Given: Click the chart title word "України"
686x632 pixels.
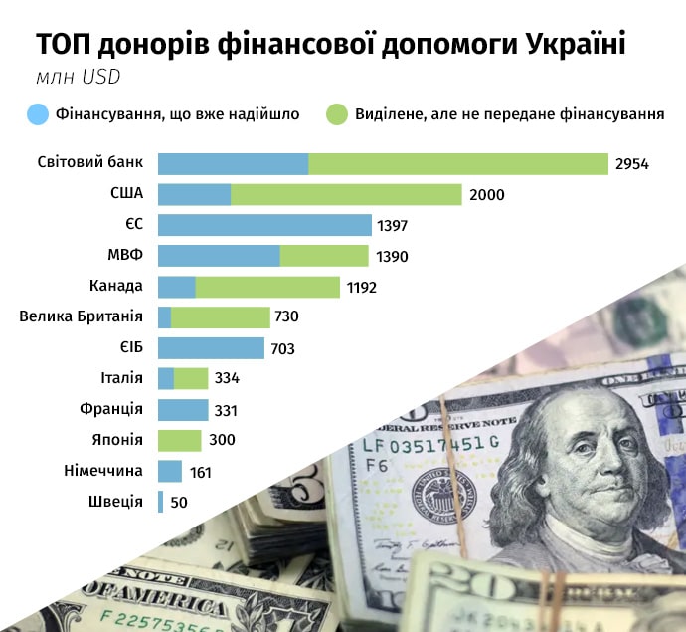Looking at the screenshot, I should coord(573,46).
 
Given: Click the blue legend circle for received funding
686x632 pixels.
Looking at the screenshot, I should coord(39,114).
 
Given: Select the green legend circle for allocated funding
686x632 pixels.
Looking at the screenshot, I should coord(336,114).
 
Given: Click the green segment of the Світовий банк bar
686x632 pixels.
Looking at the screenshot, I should coord(457,163).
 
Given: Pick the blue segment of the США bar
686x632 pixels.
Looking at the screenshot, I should coord(194,194).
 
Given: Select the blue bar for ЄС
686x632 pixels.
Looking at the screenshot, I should coord(264,225).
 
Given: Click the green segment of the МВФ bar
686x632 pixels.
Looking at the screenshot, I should coord(324,256).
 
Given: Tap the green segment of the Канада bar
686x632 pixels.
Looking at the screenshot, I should coord(267,287).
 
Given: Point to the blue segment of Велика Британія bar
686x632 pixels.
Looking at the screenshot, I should coord(164,317).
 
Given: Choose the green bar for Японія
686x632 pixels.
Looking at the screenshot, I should coord(179,440).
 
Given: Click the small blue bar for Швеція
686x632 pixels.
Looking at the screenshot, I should coord(160,502).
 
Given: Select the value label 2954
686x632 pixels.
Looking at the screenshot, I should coord(632,164).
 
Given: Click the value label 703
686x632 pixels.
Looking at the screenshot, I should coord(282,348).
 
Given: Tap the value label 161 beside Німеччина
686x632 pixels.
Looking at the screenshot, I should coord(200,472).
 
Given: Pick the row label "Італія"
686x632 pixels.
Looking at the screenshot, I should coord(122,378).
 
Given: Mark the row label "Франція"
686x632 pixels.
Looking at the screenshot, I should coord(111,409).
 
